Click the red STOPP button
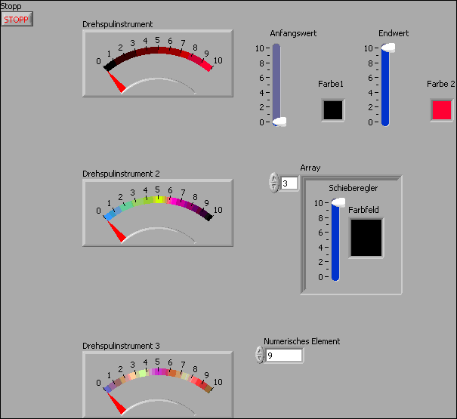pyautogui.click(x=17, y=19)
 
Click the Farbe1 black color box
pyautogui.click(x=332, y=109)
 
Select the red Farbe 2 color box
pyautogui.click(x=442, y=109)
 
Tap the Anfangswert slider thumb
pyautogui.click(x=279, y=122)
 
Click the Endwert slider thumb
pyautogui.click(x=387, y=48)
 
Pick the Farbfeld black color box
pyautogui.click(x=366, y=238)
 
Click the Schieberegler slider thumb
pyautogui.click(x=337, y=202)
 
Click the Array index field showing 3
pyautogui.click(x=289, y=183)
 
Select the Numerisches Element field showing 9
pyautogui.click(x=283, y=355)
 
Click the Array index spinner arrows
pyautogui.click(x=273, y=183)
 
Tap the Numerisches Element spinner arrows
pyautogui.click(x=260, y=355)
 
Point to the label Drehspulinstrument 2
pyautogui.click(x=121, y=174)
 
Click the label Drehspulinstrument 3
pyautogui.click(x=121, y=346)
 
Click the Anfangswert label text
pyautogui.click(x=293, y=33)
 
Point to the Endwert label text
pyautogui.click(x=394, y=33)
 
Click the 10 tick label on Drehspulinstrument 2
pyautogui.click(x=218, y=210)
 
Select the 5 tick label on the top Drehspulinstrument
pyautogui.click(x=157, y=40)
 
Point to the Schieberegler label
pyautogui.click(x=354, y=188)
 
